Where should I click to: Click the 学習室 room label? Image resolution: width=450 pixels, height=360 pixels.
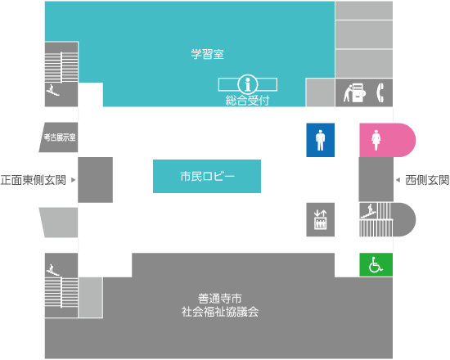tap(207, 54)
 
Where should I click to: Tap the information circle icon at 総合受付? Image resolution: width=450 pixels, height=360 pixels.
tap(248, 84)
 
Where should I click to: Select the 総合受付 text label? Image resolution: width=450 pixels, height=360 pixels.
tap(247, 101)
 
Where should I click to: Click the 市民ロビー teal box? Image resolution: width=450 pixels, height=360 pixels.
tap(207, 176)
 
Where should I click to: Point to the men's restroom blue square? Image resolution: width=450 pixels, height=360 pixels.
tap(320, 140)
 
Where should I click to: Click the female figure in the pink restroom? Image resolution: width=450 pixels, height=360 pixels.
tap(376, 140)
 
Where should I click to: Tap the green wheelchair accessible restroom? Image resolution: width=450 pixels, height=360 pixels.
tap(376, 265)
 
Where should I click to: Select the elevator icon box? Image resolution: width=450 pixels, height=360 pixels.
tap(320, 219)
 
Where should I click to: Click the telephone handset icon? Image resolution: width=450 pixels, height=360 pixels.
tap(380, 92)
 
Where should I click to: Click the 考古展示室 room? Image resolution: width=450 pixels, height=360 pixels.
tap(59, 137)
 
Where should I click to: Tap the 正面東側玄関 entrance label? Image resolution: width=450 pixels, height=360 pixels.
tap(34, 180)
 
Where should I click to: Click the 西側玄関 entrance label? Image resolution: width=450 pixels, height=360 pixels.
tap(427, 180)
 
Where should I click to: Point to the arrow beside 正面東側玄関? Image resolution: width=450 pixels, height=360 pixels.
tap(73, 180)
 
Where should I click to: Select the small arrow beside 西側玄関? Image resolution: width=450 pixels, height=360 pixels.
tap(398, 180)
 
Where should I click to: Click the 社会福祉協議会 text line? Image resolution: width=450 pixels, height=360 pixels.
tap(220, 312)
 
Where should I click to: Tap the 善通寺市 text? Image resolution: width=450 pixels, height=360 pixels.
tap(220, 299)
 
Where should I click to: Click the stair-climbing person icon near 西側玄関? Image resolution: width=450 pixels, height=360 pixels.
tap(368, 211)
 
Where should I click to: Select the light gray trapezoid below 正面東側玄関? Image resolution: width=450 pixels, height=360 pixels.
tap(59, 223)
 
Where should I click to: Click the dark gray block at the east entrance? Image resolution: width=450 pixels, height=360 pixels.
tap(95, 180)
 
